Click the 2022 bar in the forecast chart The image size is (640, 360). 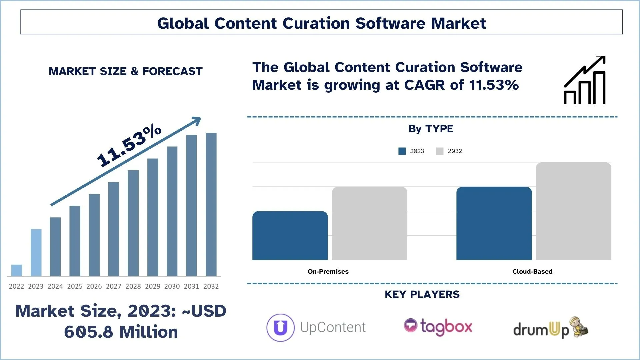coord(16,270)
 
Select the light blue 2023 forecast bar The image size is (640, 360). coord(36,252)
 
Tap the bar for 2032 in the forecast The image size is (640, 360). coord(211,204)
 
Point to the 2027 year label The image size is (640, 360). coord(114,286)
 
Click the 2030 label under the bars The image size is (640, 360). coord(172,286)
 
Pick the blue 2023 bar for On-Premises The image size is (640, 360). coord(290,235)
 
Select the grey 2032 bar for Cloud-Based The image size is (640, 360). coord(573,211)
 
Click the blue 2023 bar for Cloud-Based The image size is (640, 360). coord(494,223)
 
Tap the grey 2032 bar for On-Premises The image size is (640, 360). coord(369,223)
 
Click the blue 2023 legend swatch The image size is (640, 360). coord(402,151)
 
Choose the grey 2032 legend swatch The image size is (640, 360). coord(440,151)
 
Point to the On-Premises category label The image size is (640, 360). coord(328,272)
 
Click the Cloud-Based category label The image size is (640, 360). coord(532,272)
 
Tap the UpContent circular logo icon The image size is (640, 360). coord(280,328)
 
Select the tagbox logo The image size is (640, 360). coord(438,327)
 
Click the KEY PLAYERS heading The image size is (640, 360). coord(422,295)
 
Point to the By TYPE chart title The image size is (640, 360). coord(431,129)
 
